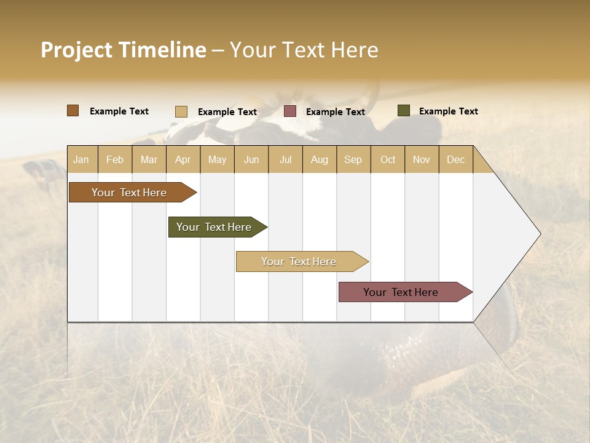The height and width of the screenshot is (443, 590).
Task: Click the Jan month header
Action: (x=81, y=159)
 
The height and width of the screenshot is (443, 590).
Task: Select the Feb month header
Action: (x=115, y=159)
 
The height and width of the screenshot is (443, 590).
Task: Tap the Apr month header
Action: (x=183, y=159)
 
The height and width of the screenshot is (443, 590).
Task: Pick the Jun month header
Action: (x=251, y=159)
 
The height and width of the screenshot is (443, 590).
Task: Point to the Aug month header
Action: (x=319, y=159)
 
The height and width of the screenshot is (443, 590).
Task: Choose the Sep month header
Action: (x=353, y=159)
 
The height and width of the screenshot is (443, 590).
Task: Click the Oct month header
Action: (x=388, y=159)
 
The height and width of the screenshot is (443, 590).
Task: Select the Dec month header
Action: (x=455, y=159)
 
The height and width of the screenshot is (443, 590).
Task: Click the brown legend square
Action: (x=73, y=111)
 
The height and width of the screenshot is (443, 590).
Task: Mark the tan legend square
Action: (x=181, y=111)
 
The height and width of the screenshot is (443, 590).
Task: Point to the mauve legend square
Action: (x=290, y=111)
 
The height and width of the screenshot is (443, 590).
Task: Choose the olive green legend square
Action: (x=404, y=111)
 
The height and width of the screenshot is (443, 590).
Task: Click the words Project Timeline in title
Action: (x=124, y=50)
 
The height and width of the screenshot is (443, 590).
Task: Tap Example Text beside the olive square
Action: (x=448, y=111)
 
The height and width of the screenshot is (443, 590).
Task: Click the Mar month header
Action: (x=149, y=159)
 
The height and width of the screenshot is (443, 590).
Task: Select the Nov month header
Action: (x=421, y=159)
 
